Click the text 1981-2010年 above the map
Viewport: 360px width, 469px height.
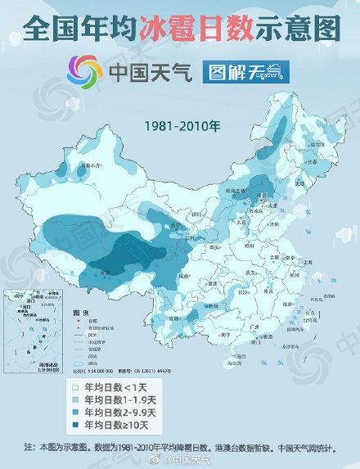pos(182,129)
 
